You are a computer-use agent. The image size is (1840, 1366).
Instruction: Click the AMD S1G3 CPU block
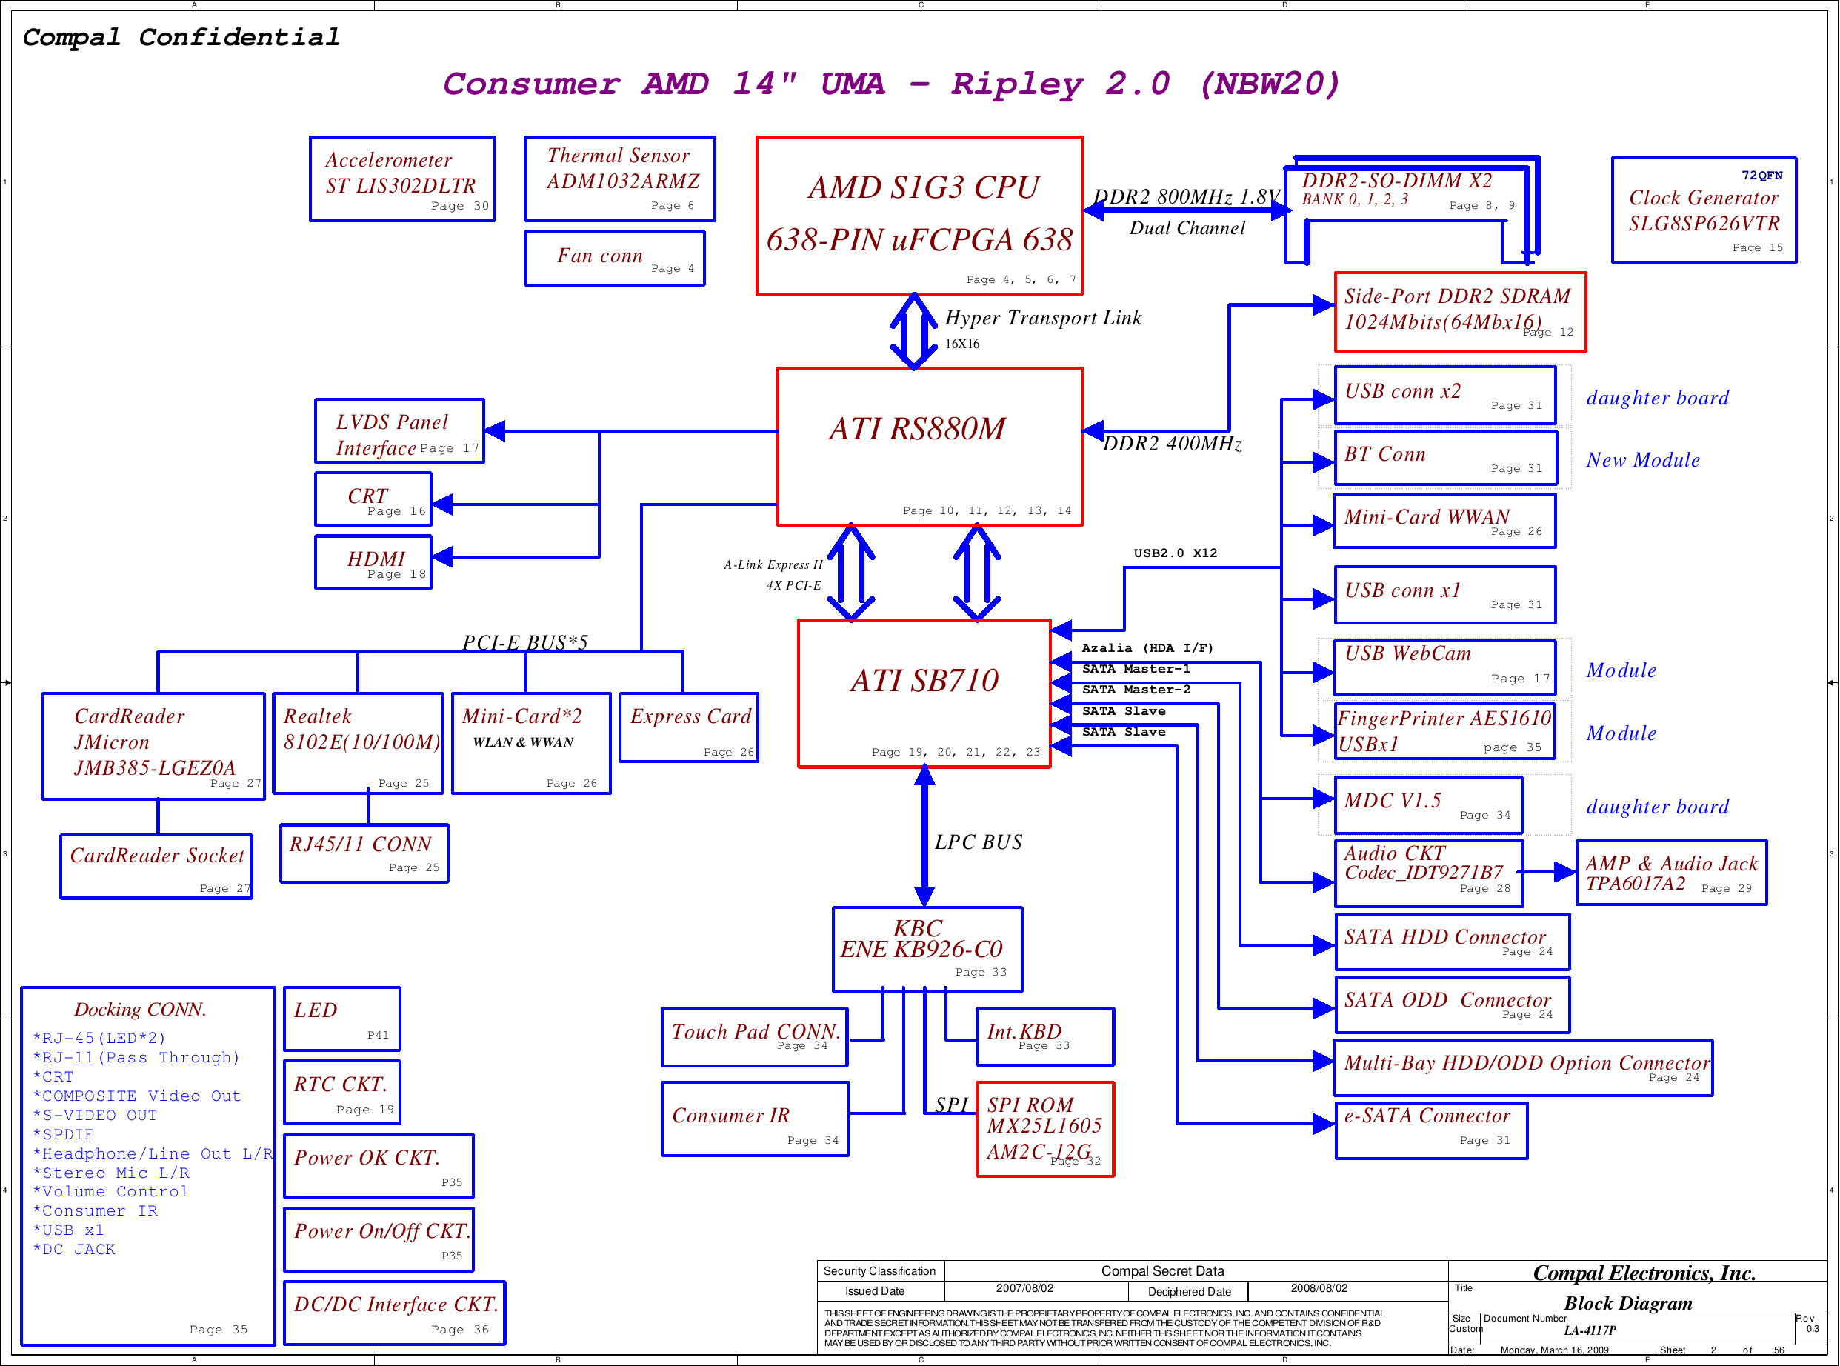[x=919, y=215]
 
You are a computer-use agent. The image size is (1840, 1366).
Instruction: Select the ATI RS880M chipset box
[x=929, y=447]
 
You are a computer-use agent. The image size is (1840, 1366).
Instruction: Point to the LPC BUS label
[x=978, y=842]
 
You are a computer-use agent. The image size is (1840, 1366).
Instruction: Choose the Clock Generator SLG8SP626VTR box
[x=1704, y=211]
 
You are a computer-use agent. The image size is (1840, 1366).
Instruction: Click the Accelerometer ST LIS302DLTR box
[x=401, y=179]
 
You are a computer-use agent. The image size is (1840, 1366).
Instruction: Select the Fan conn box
[x=615, y=258]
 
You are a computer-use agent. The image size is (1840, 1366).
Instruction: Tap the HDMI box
[x=373, y=562]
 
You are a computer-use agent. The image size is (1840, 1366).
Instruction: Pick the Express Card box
[x=689, y=727]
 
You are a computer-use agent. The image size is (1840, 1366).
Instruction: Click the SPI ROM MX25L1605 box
[x=1045, y=1129]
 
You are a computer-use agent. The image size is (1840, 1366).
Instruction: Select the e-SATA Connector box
[x=1431, y=1130]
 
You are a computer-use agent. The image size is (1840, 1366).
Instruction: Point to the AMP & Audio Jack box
[x=1670, y=873]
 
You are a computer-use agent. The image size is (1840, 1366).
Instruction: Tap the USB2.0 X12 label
[x=1175, y=553]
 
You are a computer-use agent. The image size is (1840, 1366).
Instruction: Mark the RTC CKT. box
[x=342, y=1091]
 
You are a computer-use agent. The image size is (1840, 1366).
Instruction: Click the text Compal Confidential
[x=181, y=37]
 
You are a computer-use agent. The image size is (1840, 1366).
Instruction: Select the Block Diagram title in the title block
[x=1627, y=1303]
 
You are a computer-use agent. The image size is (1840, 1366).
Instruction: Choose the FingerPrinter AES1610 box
[x=1444, y=731]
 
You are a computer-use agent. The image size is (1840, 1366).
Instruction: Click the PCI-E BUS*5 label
[x=525, y=642]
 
